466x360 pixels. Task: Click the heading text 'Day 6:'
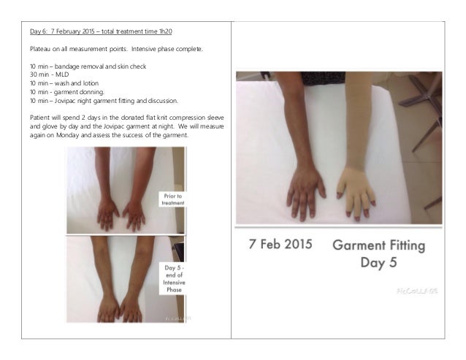click(36, 31)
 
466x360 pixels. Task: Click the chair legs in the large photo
click(423, 110)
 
